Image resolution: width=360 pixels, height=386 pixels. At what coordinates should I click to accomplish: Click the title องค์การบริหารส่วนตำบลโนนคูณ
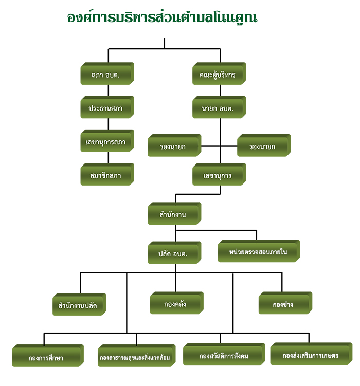[x=162, y=17]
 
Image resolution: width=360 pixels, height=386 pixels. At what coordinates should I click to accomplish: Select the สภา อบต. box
[x=107, y=75]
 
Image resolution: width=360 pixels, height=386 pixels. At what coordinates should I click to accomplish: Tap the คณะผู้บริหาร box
[x=218, y=75]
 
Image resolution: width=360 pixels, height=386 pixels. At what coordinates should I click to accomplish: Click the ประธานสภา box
[x=107, y=108]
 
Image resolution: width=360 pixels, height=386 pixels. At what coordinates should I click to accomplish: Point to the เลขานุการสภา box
[x=107, y=141]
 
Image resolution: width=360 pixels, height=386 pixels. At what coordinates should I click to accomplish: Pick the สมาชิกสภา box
[x=107, y=175]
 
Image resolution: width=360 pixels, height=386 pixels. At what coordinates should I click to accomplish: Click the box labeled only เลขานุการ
[x=219, y=175]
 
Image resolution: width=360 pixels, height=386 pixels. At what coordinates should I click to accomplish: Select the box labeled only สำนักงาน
[x=173, y=214]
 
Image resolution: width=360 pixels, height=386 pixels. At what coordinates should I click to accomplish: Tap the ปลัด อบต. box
[x=173, y=253]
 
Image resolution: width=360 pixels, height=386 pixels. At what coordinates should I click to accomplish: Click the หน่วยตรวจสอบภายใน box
[x=258, y=252]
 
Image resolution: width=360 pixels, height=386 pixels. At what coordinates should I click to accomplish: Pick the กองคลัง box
[x=176, y=303]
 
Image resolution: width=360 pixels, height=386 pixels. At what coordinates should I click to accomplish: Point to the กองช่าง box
[x=284, y=304]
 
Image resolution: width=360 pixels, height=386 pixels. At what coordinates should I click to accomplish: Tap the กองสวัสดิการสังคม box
[x=223, y=355]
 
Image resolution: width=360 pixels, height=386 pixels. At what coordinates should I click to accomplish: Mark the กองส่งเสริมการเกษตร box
[x=310, y=355]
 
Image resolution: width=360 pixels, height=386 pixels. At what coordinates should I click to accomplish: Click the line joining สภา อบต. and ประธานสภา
[x=107, y=90]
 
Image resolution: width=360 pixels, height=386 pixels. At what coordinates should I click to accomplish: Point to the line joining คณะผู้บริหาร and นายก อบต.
[x=220, y=90]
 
